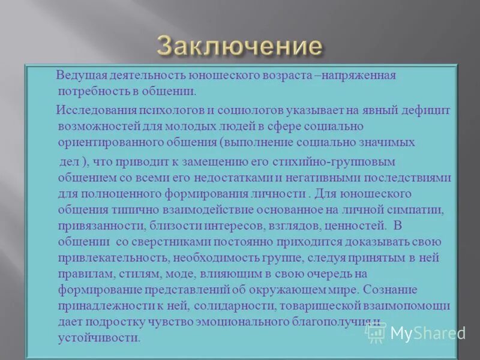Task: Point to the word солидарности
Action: (x=233, y=305)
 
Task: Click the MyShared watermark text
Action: (x=427, y=333)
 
